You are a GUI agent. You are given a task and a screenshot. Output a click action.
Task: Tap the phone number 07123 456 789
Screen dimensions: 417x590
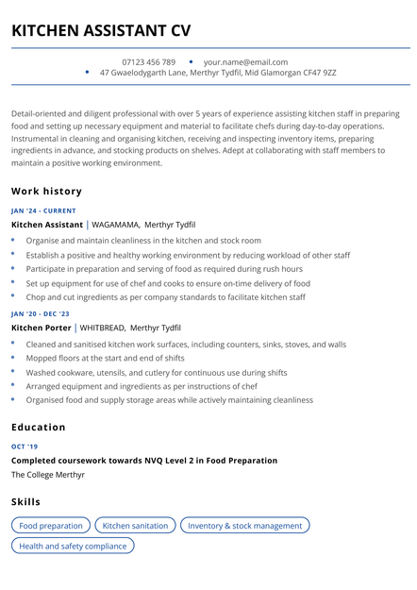148,62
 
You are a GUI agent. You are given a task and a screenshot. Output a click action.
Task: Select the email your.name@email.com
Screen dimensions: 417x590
245,62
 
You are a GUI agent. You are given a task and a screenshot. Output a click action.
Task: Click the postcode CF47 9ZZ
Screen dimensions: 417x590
316,73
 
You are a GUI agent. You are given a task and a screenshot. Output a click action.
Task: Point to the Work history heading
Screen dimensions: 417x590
46,191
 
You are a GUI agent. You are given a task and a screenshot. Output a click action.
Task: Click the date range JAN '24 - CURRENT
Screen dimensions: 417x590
43,211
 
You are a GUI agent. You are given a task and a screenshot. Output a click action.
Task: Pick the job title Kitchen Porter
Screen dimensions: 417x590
41,328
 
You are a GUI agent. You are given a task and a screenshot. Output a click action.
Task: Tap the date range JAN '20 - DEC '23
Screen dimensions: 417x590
41,313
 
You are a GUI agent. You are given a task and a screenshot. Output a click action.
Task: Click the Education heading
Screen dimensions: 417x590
39,427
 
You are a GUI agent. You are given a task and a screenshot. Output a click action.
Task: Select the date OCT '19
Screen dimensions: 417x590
25,447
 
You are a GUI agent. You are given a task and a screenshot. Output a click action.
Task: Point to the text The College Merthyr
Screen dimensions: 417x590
48,475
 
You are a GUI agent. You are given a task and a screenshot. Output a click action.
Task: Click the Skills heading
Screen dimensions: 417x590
26,501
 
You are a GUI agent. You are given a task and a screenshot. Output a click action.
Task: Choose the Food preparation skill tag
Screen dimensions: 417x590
51,525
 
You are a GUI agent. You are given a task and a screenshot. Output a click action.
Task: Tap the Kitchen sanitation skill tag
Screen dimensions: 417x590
135,525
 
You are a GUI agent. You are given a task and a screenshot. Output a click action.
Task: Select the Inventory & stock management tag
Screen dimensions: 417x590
244,525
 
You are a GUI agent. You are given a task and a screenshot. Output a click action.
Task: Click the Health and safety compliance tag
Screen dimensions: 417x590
73,546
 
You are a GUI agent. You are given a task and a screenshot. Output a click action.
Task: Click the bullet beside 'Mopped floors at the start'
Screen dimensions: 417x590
13,358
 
